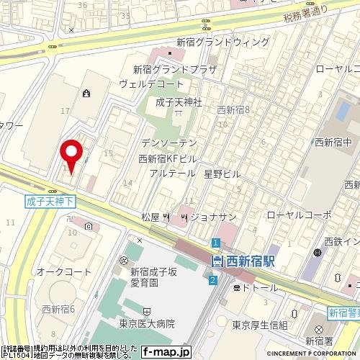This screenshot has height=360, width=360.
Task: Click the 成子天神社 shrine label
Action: click(179, 102)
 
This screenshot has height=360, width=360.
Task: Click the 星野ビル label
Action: click(222, 174)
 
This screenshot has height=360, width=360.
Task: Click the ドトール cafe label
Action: click(258, 287)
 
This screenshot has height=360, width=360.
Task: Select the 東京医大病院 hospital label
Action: click(148, 325)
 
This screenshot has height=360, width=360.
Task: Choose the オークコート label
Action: click(64, 271)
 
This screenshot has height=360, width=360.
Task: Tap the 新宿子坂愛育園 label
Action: click(152, 278)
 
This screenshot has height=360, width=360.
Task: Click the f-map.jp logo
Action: click(166, 352)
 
